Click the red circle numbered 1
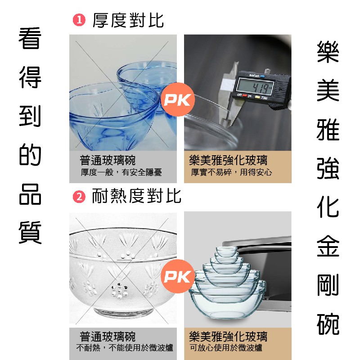tap(79, 20)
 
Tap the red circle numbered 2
tap(79, 197)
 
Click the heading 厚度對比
tap(128, 20)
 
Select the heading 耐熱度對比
tap(137, 196)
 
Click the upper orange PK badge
tap(178, 99)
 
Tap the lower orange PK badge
tap(178, 276)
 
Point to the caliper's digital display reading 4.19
tap(255, 87)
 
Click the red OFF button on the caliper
tap(244, 95)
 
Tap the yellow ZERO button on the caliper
tap(257, 97)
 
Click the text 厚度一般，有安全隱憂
tap(121, 172)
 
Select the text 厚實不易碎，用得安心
tap(231, 172)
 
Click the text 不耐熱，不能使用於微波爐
tap(125, 347)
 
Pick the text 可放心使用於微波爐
tap(226, 347)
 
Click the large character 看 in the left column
tap(30, 38)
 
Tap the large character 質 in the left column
tap(30, 233)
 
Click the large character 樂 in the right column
tap(328, 52)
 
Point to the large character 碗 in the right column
tap(328, 324)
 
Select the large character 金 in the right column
tap(328, 246)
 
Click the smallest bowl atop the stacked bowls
tap(226, 251)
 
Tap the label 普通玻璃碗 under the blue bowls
tap(108, 160)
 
